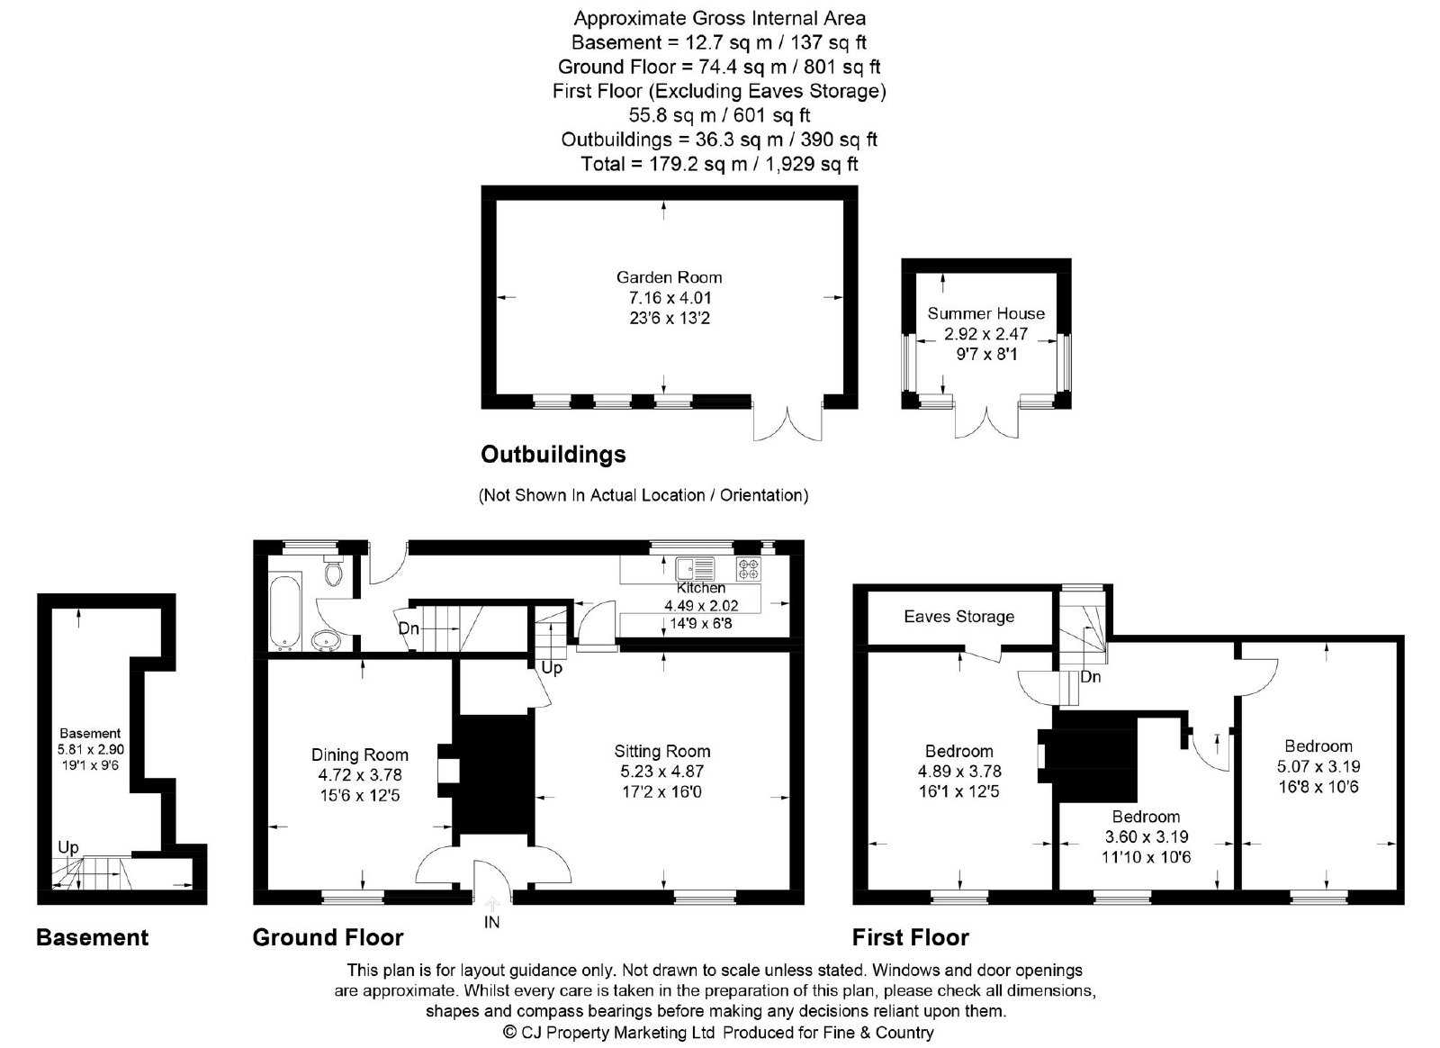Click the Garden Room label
tap(670, 277)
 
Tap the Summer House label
tap(986, 313)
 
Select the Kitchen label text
tap(701, 588)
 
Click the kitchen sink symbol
tap(695, 569)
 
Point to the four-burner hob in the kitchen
tap(749, 569)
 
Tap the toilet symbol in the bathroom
tap(334, 570)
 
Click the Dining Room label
tap(360, 754)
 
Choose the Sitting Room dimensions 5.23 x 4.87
tap(662, 772)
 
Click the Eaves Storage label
tap(959, 617)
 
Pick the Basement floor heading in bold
tap(93, 937)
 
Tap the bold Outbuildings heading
tap(553, 455)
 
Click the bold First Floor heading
tap(910, 937)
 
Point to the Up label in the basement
tap(68, 847)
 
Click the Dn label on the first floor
tap(1091, 676)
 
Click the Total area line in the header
tap(719, 164)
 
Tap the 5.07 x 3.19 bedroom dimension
tap(1318, 766)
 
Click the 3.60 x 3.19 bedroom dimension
tap(1147, 836)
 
